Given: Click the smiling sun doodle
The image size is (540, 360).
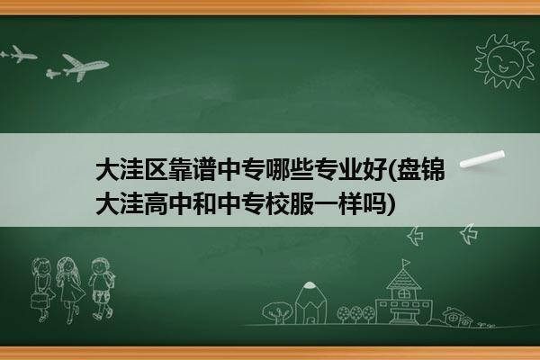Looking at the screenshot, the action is (x=505, y=61).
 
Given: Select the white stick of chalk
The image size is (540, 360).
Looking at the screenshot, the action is (x=482, y=159).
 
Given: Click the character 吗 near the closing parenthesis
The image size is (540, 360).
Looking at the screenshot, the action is (x=374, y=203).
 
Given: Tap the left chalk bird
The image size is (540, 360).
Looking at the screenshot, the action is (x=415, y=236).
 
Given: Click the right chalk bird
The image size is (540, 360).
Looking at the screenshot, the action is (x=469, y=234).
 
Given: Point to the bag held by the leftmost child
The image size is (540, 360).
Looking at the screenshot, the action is (x=39, y=301).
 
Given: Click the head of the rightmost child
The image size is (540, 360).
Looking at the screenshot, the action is (x=100, y=266).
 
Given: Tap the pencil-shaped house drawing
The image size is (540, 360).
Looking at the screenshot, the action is (x=310, y=302).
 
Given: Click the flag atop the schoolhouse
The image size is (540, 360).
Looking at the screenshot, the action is (x=407, y=263).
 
